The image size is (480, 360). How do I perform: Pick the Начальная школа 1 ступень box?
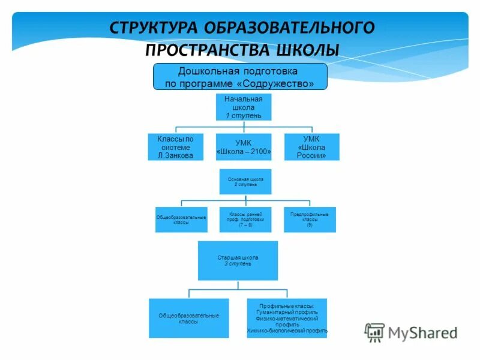click(x=244, y=107)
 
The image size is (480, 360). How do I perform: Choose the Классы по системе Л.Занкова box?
click(x=176, y=147)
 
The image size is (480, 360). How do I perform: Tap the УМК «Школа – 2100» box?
click(x=244, y=147)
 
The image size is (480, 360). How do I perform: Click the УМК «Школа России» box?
click(x=311, y=147)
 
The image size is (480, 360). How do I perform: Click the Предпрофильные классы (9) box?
click(x=310, y=220)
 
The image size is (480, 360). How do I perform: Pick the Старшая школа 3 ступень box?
click(x=238, y=260)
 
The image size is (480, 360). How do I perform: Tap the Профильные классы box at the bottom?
click(x=287, y=317)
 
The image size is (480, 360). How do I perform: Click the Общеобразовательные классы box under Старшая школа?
click(x=188, y=318)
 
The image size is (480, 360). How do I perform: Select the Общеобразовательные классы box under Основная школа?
click(x=181, y=220)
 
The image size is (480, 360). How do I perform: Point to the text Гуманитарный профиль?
click(x=287, y=313)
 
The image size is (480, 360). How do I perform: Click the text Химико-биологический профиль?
click(x=287, y=331)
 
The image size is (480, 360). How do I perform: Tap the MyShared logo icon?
click(x=375, y=332)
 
